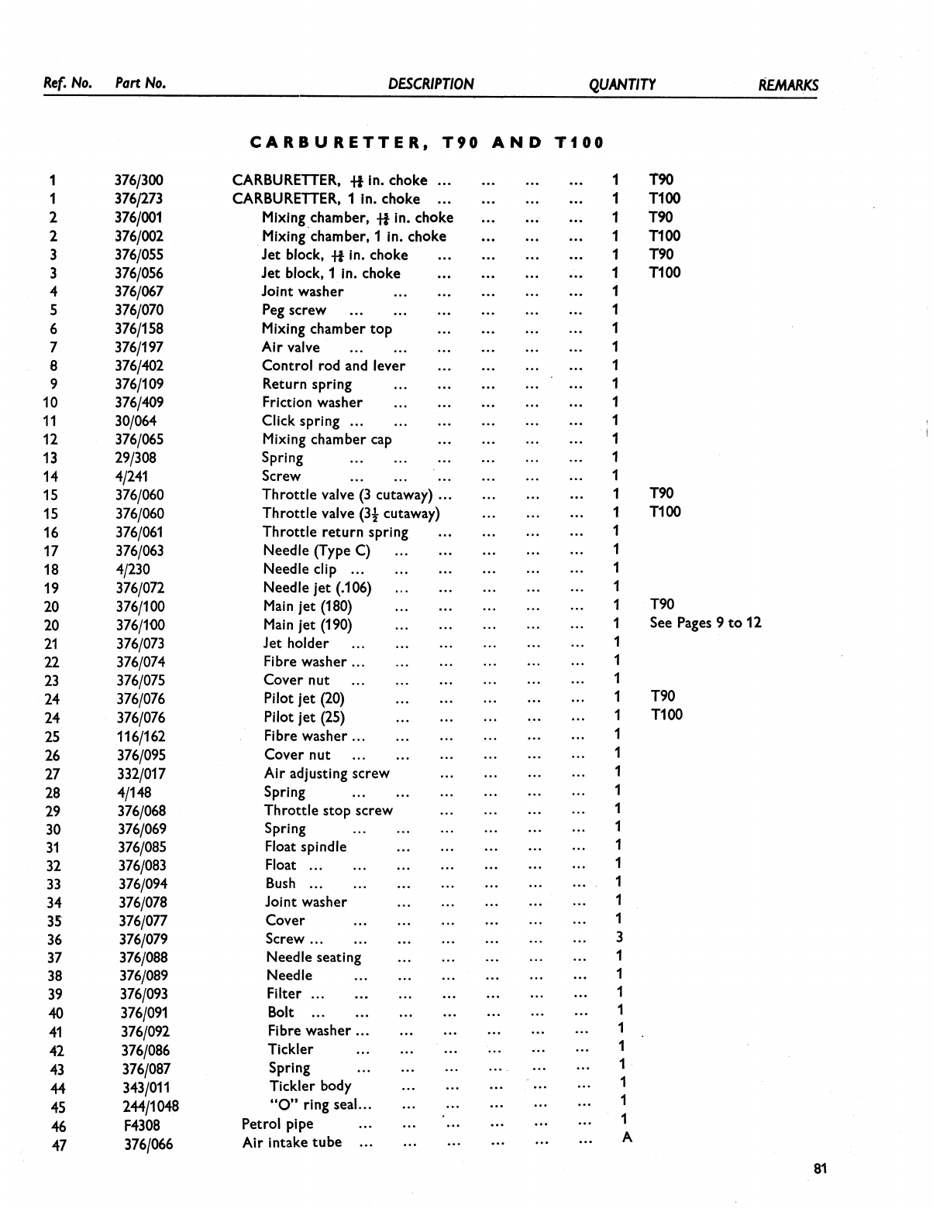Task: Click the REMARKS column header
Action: [x=787, y=85]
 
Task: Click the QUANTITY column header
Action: [x=621, y=84]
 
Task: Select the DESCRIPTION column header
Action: [x=431, y=84]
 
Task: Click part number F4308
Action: [x=142, y=1125]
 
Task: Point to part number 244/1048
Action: [x=150, y=1107]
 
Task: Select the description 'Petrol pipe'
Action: [x=277, y=1124]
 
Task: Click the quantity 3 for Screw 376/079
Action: [x=619, y=938]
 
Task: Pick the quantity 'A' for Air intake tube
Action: [x=627, y=1138]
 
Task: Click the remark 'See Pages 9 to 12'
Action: [x=705, y=623]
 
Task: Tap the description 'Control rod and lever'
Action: [x=333, y=365]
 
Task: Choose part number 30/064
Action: [x=136, y=421]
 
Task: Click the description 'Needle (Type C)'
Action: [x=317, y=551]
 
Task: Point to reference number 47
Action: [x=58, y=1145]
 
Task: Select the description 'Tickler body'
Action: [x=310, y=1086]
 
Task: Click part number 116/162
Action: [x=141, y=736]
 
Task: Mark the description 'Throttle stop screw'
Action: [x=329, y=811]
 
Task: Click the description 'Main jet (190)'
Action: [x=308, y=625]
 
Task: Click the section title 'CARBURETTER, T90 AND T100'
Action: [x=427, y=143]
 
